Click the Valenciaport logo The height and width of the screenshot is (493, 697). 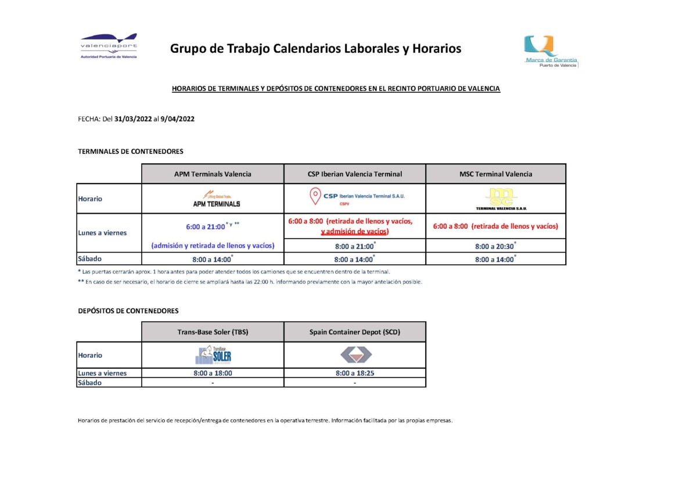point(109,45)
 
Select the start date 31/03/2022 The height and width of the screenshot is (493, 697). point(133,119)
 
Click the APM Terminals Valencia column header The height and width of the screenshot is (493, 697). point(213,174)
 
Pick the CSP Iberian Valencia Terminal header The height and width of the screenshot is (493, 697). point(354,174)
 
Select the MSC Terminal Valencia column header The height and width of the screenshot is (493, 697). point(495,174)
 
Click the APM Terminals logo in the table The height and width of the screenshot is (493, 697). point(216,199)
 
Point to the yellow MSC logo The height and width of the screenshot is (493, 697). point(501,196)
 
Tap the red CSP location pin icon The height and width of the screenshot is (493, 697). point(315,196)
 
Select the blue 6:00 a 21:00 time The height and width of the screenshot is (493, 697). point(205,226)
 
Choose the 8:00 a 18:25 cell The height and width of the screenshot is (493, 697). point(354,373)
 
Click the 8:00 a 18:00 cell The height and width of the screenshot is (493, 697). point(213,373)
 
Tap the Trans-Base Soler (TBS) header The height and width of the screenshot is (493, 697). point(213,332)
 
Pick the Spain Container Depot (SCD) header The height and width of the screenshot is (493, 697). point(354,332)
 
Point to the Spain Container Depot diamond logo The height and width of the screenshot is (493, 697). point(355,355)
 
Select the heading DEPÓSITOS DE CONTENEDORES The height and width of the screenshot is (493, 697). point(128,311)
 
